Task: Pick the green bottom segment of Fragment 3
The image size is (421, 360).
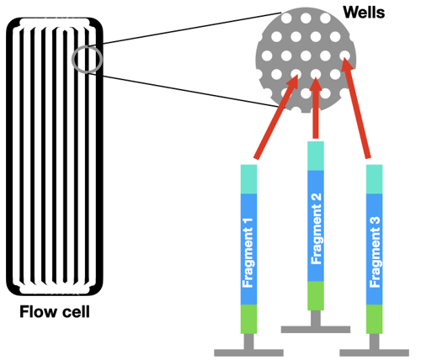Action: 376,318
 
